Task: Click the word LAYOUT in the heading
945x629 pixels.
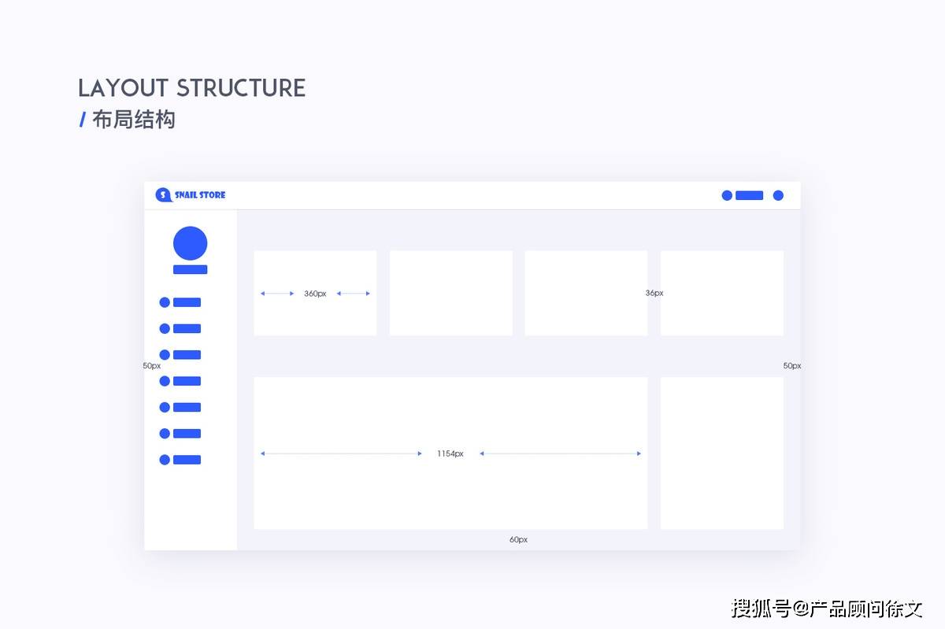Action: tap(123, 88)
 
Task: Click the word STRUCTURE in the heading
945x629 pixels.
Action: tap(241, 88)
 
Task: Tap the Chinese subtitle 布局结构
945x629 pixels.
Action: tap(133, 120)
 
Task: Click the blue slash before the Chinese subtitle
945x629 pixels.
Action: tap(83, 120)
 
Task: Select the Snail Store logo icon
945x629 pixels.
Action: tap(163, 195)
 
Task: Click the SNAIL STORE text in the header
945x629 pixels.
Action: tap(200, 195)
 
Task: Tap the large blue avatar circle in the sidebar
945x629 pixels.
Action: tap(191, 243)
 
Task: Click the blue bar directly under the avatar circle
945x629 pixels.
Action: tap(191, 269)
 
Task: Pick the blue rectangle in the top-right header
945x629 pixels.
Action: tap(749, 195)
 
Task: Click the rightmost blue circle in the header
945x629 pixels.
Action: tap(778, 195)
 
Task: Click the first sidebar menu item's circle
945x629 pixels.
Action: tap(165, 302)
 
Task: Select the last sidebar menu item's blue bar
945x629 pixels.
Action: tap(187, 460)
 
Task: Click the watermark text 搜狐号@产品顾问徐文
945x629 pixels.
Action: tap(827, 609)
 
